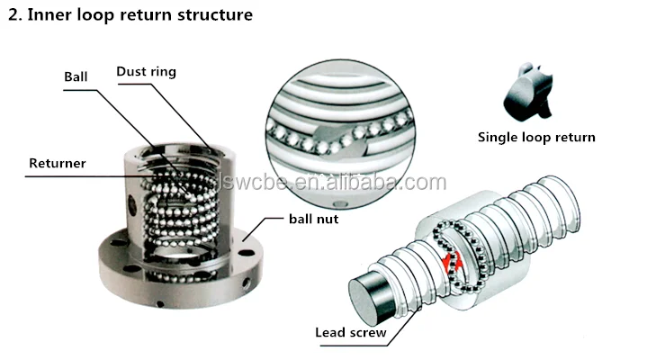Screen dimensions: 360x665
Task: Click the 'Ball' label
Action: point(76,76)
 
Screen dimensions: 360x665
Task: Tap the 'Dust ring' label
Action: point(148,71)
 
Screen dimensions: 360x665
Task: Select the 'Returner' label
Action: point(57,164)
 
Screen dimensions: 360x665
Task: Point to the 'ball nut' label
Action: point(313,219)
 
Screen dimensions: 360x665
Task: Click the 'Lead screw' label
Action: point(350,333)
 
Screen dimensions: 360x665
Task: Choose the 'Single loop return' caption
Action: point(535,138)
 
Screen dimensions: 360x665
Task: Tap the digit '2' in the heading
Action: point(12,14)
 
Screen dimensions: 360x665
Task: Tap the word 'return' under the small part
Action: point(575,138)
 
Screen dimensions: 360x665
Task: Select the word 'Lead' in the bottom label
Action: point(330,333)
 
